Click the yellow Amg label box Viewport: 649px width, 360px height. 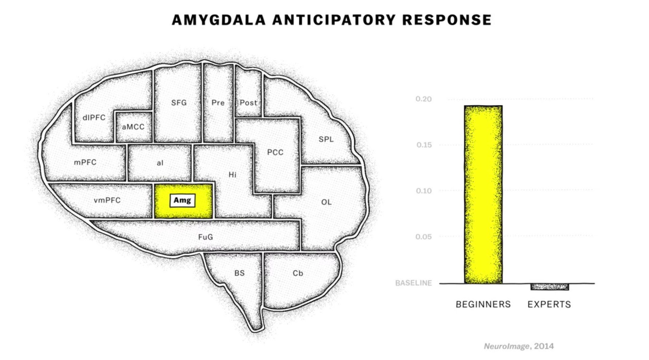[182, 200]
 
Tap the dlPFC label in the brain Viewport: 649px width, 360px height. [94, 118]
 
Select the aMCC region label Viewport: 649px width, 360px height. [133, 127]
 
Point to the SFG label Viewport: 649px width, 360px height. [179, 103]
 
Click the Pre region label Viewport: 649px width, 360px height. [218, 103]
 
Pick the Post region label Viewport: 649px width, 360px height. [248, 103]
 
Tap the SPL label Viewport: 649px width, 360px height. [326, 139]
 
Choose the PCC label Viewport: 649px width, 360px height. [275, 152]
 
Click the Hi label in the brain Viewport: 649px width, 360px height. [232, 175]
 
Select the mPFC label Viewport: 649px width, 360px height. [85, 162]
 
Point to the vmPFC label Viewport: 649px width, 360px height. [107, 200]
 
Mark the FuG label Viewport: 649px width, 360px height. [206, 237]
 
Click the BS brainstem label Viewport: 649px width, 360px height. [239, 273]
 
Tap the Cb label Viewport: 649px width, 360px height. [298, 273]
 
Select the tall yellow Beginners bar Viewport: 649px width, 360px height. [483, 194]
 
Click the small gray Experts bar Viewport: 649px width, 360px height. [550, 287]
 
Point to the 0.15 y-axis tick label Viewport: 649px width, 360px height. [424, 145]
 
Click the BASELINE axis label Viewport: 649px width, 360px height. [413, 283]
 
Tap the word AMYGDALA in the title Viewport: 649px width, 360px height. [218, 20]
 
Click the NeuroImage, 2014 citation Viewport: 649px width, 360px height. [519, 346]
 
